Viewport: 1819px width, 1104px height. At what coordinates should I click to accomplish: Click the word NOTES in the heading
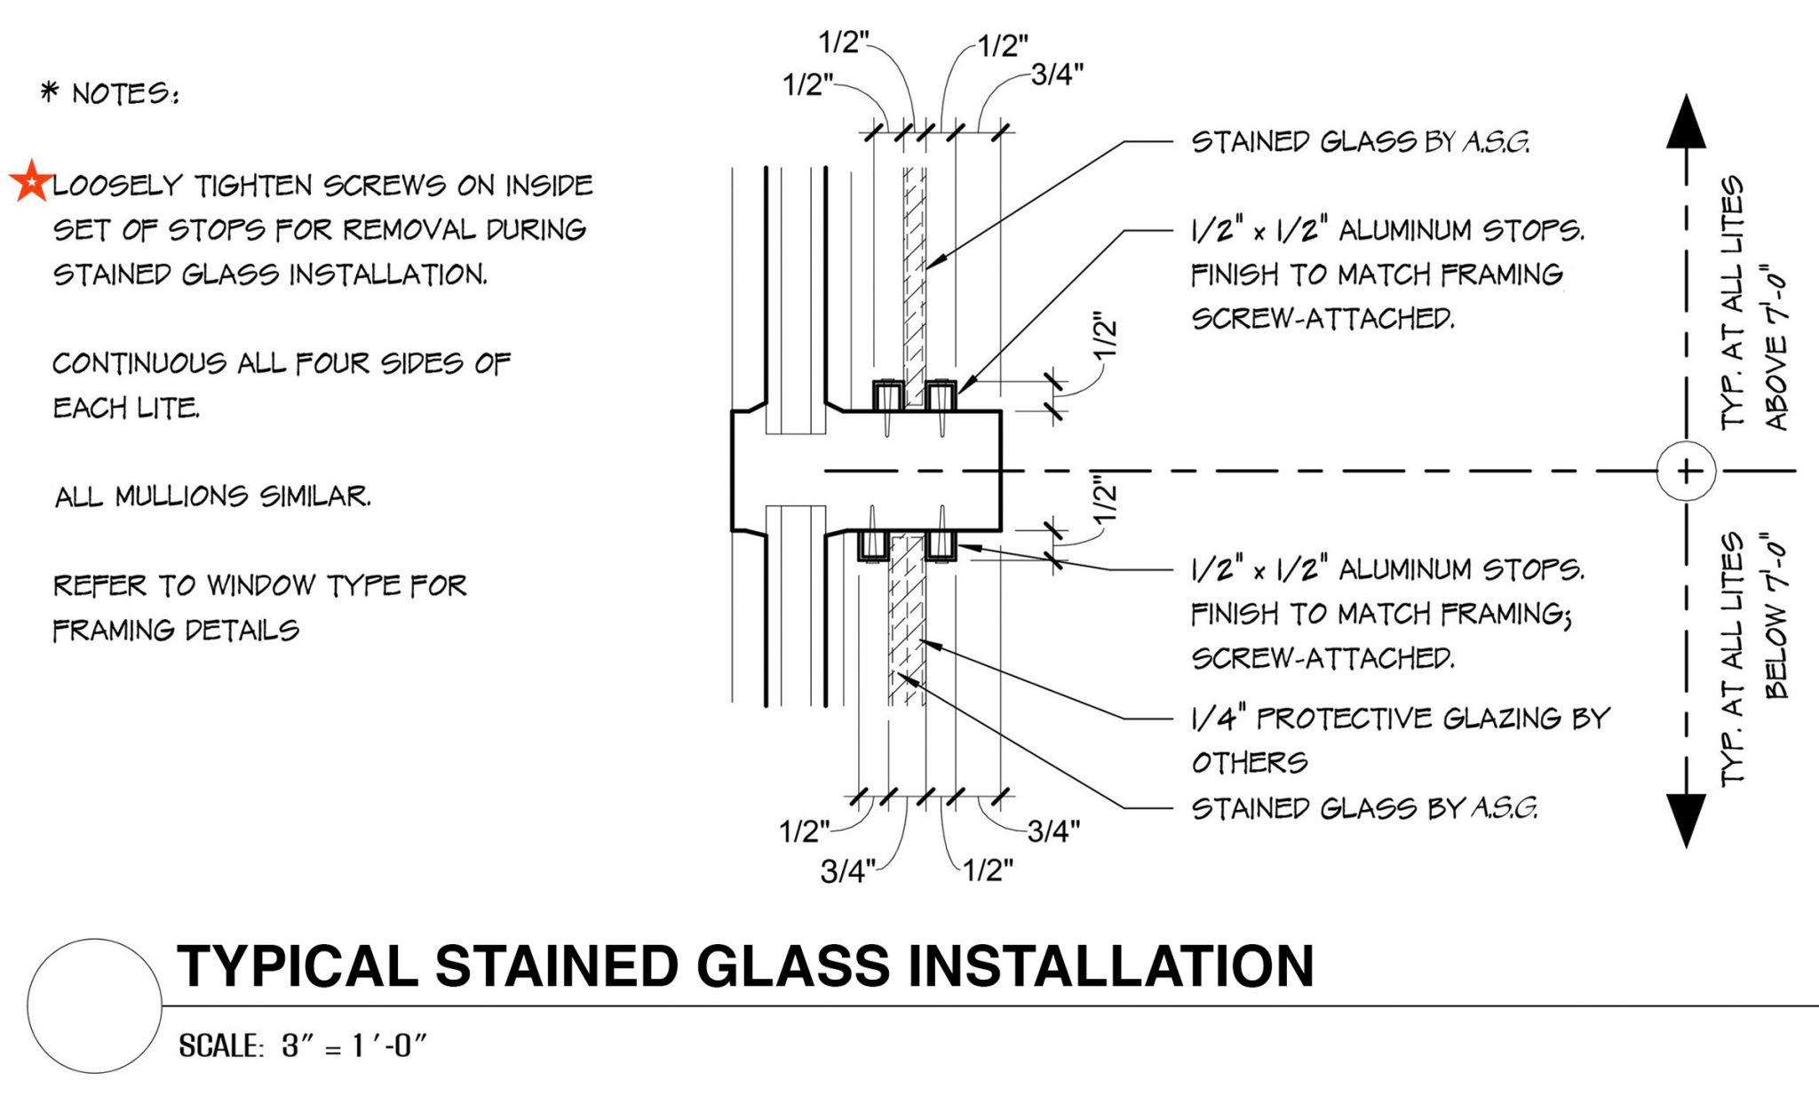[124, 93]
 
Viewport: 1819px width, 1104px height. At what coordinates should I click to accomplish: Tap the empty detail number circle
[94, 1005]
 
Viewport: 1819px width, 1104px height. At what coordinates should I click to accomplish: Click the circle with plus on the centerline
[1686, 471]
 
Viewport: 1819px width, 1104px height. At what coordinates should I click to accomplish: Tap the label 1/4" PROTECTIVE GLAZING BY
[1400, 718]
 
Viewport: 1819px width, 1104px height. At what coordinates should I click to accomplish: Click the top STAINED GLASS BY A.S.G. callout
[1360, 142]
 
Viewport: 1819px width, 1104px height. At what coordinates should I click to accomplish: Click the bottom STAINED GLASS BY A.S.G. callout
[1363, 808]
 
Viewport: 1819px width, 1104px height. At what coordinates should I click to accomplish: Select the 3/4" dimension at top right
[1057, 75]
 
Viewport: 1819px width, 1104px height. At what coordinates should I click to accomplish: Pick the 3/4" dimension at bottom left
[846, 871]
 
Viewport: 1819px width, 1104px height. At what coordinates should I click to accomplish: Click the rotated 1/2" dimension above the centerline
[1105, 336]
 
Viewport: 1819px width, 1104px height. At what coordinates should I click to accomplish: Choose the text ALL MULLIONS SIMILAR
[212, 496]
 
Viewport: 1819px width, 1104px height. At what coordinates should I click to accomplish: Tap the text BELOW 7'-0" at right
[1775, 616]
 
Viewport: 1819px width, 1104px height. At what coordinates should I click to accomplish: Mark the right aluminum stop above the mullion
[940, 394]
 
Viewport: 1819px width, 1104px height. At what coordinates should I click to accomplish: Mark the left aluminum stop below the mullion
[873, 545]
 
